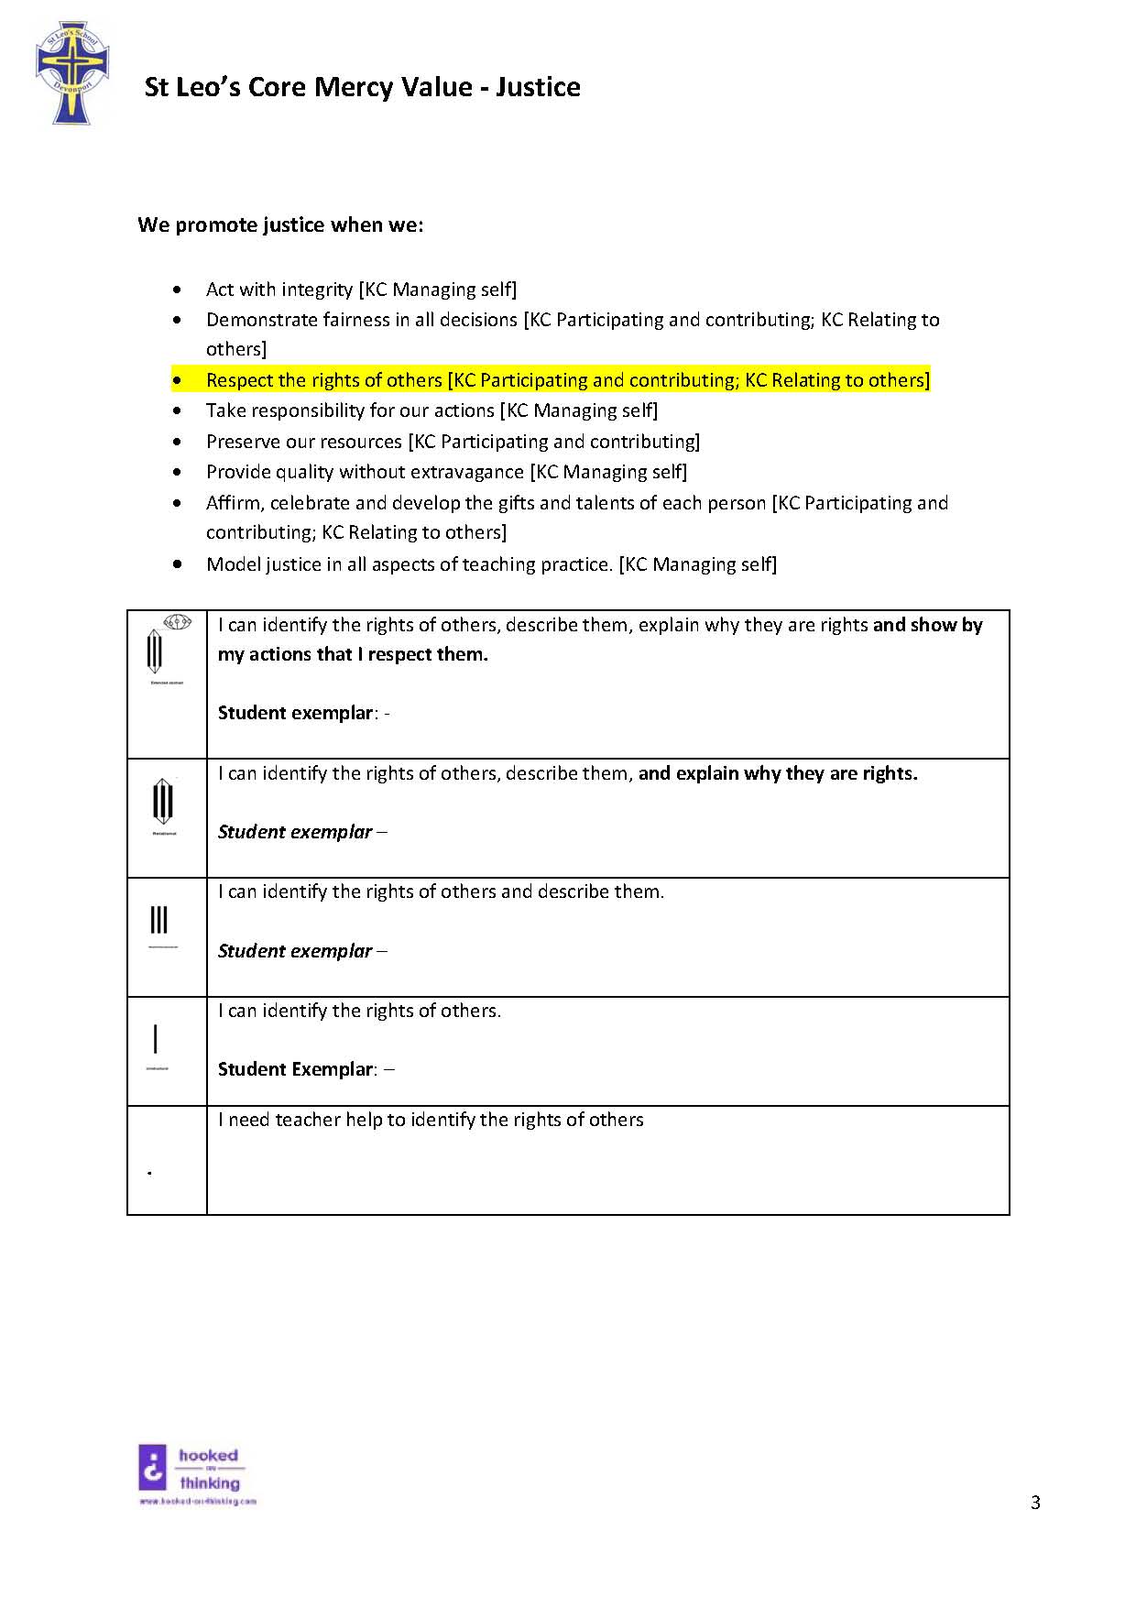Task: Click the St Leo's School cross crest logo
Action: pos(71,74)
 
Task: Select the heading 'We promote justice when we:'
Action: pos(280,225)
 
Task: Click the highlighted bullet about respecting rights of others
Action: pos(567,380)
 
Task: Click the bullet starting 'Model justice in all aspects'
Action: pos(491,564)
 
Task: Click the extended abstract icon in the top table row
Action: pos(166,650)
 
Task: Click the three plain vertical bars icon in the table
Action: pos(159,920)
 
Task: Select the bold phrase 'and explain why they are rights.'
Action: pos(778,773)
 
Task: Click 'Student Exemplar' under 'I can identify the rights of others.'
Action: pos(296,1069)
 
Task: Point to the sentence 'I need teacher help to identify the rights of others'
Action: pos(431,1120)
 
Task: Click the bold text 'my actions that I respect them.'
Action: pos(353,654)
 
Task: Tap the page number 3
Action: pos(1035,1503)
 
